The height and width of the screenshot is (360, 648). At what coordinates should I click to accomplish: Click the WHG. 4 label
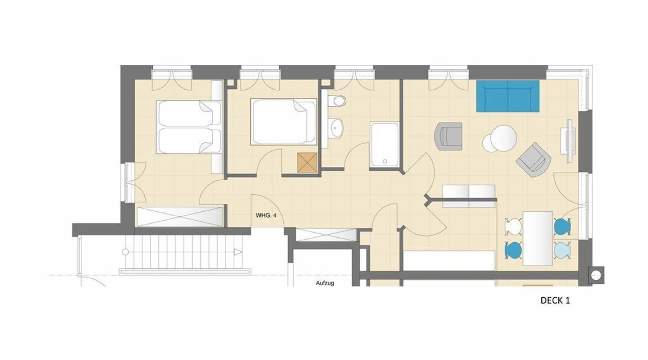[266, 215]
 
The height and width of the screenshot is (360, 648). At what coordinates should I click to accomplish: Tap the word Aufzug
[325, 283]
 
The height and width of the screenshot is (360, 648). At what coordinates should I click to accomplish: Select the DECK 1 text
[555, 301]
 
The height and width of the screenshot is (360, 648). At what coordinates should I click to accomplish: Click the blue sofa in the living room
[508, 96]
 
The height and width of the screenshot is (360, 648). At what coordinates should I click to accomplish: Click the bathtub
[384, 145]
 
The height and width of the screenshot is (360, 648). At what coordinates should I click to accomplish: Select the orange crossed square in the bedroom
[308, 162]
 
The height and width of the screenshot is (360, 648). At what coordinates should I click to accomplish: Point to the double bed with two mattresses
[188, 127]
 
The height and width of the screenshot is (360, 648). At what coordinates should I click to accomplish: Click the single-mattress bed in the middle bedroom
[284, 122]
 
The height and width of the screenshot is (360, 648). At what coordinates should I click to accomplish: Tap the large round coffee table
[504, 138]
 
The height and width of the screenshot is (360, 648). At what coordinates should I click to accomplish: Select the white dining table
[537, 238]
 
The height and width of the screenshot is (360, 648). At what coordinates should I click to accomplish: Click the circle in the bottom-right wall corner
[596, 276]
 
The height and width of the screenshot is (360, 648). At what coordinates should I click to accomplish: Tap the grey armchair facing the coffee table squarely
[449, 136]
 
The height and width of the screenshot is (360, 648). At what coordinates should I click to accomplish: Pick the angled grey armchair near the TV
[534, 160]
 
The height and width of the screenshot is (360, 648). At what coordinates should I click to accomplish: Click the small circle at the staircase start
[125, 252]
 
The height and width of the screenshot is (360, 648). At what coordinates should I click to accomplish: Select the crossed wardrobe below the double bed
[180, 217]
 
